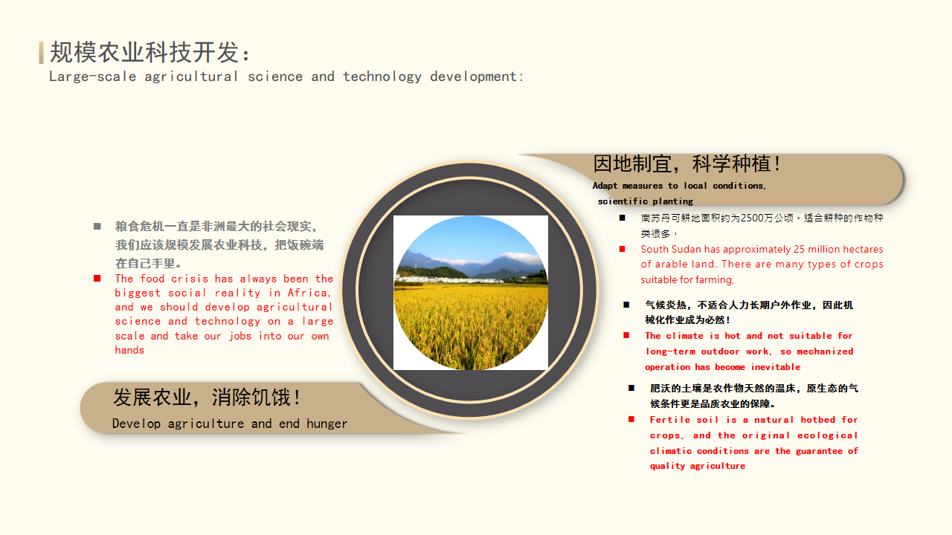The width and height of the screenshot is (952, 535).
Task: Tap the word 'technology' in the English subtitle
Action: coord(382,77)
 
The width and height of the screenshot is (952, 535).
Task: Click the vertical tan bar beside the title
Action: coord(41,53)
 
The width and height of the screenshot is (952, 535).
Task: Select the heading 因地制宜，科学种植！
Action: coord(686,164)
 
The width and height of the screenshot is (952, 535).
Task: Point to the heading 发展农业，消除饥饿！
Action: coord(207,398)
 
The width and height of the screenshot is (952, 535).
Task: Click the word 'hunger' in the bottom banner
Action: coord(327,424)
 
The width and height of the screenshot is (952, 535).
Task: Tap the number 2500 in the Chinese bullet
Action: coord(752,218)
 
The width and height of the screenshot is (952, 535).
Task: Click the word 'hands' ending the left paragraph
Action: coord(129,350)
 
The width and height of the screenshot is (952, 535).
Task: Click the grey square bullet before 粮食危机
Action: coord(97,227)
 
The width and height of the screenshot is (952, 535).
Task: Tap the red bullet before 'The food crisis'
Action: coord(97,279)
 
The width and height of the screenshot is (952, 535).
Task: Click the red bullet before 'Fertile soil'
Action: coord(631,420)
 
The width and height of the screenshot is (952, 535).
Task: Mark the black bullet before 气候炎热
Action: coord(626,305)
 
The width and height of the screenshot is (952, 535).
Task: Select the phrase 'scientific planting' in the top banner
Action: coord(645,201)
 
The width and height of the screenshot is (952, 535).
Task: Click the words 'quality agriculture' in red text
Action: coord(698,466)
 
